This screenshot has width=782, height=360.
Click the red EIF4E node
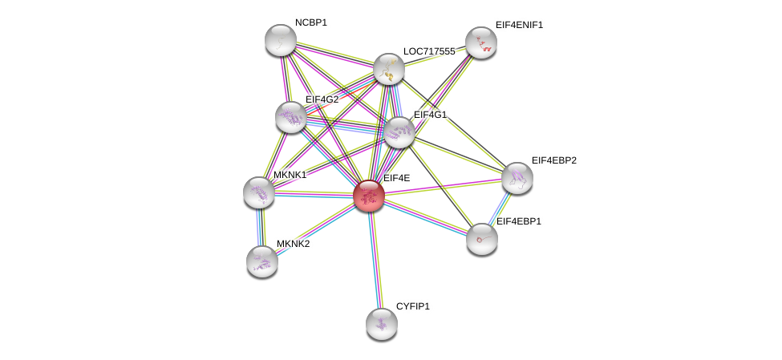pyautogui.click(x=369, y=196)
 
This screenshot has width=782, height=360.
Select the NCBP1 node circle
pyautogui.click(x=281, y=40)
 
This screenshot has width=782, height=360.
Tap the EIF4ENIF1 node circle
pyautogui.click(x=481, y=42)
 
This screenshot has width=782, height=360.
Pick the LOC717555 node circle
pyautogui.click(x=389, y=69)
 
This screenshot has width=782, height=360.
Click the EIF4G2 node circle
pyautogui.click(x=291, y=117)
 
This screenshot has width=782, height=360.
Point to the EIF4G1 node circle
pyautogui.click(x=399, y=132)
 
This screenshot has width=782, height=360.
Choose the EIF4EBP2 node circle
pyautogui.click(x=517, y=178)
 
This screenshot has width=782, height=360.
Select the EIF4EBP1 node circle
pyautogui.click(x=482, y=239)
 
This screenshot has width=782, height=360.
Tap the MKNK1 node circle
pyautogui.click(x=259, y=192)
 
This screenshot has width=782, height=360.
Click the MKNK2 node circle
pyautogui.click(x=262, y=261)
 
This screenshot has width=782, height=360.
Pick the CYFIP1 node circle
pyautogui.click(x=382, y=324)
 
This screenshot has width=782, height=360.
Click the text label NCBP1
pyautogui.click(x=311, y=22)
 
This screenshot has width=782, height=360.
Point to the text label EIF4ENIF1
pyautogui.click(x=519, y=25)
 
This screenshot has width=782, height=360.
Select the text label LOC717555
pyautogui.click(x=429, y=51)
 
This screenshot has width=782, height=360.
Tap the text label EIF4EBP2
pyautogui.click(x=553, y=160)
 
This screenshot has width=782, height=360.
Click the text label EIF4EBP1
pyautogui.click(x=518, y=221)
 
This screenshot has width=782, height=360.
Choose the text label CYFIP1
pyautogui.click(x=412, y=306)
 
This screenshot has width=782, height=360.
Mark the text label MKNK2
pyautogui.click(x=293, y=244)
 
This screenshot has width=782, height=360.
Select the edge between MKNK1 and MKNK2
pyautogui.click(x=261, y=227)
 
